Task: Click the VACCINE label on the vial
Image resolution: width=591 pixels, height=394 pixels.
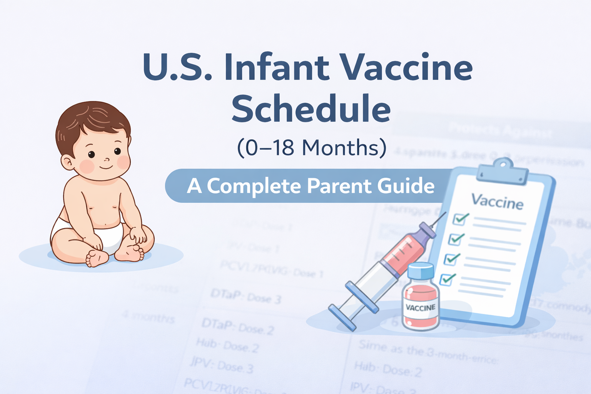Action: coord(421,307)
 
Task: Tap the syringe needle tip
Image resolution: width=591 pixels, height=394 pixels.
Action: coord(445,213)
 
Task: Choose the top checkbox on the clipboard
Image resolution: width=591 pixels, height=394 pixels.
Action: coord(460,219)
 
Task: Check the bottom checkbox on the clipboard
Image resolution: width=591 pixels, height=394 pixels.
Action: coord(447,279)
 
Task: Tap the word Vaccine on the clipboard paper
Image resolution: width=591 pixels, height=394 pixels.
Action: coord(497,201)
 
